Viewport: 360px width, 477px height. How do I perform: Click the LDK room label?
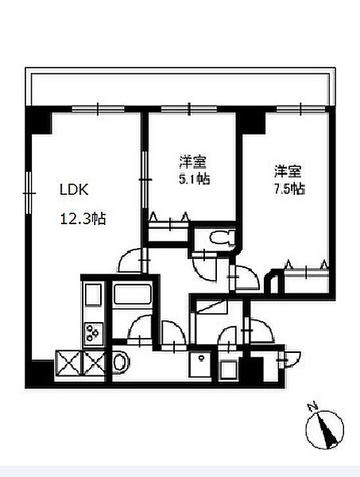click(x=74, y=190)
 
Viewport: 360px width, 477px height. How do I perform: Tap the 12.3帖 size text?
click(x=83, y=219)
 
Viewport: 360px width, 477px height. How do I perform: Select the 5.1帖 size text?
click(x=195, y=179)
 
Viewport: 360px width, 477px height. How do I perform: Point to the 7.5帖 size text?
click(x=289, y=189)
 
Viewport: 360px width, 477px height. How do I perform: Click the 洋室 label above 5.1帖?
click(x=193, y=162)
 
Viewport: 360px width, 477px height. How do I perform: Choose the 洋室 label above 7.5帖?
click(x=288, y=172)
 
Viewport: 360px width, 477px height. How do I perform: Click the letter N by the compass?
click(x=312, y=405)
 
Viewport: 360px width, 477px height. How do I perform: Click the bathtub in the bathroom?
click(x=132, y=294)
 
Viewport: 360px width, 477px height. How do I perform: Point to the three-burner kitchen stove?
click(x=93, y=334)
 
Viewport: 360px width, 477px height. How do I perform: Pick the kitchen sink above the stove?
click(x=93, y=294)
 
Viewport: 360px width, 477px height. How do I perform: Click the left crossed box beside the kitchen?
click(x=68, y=363)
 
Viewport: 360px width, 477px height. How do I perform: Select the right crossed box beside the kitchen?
click(x=95, y=363)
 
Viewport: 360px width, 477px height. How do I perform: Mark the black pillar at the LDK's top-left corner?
click(x=39, y=120)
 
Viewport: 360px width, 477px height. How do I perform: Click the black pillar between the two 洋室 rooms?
click(x=251, y=120)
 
